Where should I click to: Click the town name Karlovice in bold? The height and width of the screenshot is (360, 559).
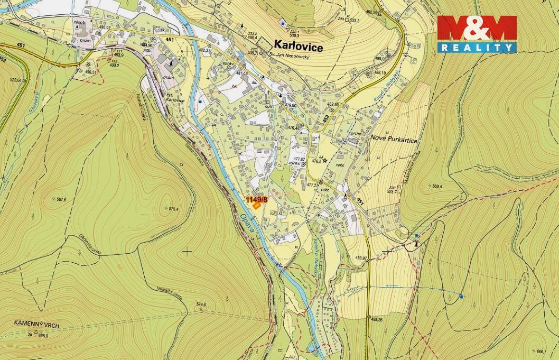point(298,47)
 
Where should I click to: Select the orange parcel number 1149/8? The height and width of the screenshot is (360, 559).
point(257,199)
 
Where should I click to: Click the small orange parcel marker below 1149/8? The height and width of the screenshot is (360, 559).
point(256,206)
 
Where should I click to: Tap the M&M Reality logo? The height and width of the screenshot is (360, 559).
point(477,34)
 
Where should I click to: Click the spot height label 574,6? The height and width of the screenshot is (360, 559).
point(200,304)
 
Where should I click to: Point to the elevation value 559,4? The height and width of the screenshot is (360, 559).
point(437,186)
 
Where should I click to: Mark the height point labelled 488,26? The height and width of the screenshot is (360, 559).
point(376,319)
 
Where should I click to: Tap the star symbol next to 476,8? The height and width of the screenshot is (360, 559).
point(325,161)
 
